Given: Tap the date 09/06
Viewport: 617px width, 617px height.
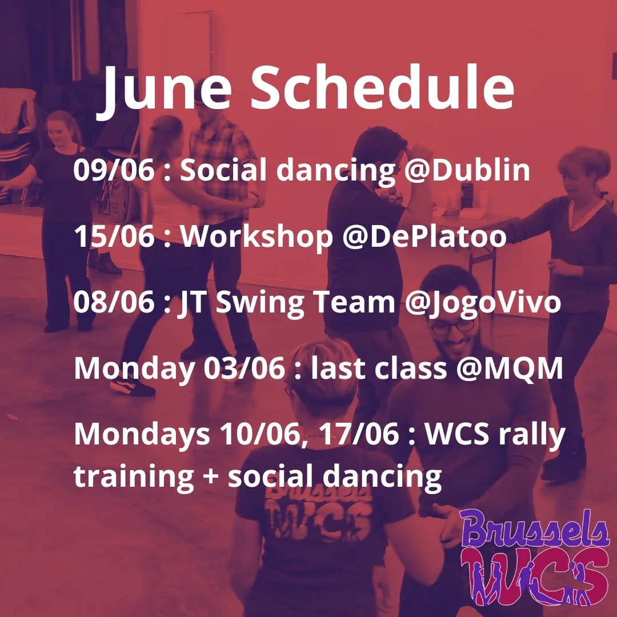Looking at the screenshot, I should [x=114, y=171].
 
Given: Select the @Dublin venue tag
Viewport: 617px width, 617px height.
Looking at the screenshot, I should [x=463, y=171].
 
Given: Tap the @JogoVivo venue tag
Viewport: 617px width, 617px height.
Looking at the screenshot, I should [x=483, y=303].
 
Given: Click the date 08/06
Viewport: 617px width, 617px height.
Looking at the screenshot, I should [x=114, y=303].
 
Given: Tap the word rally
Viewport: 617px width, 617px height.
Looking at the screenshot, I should [x=531, y=436].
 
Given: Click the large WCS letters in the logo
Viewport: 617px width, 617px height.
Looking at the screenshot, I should [x=534, y=571].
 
